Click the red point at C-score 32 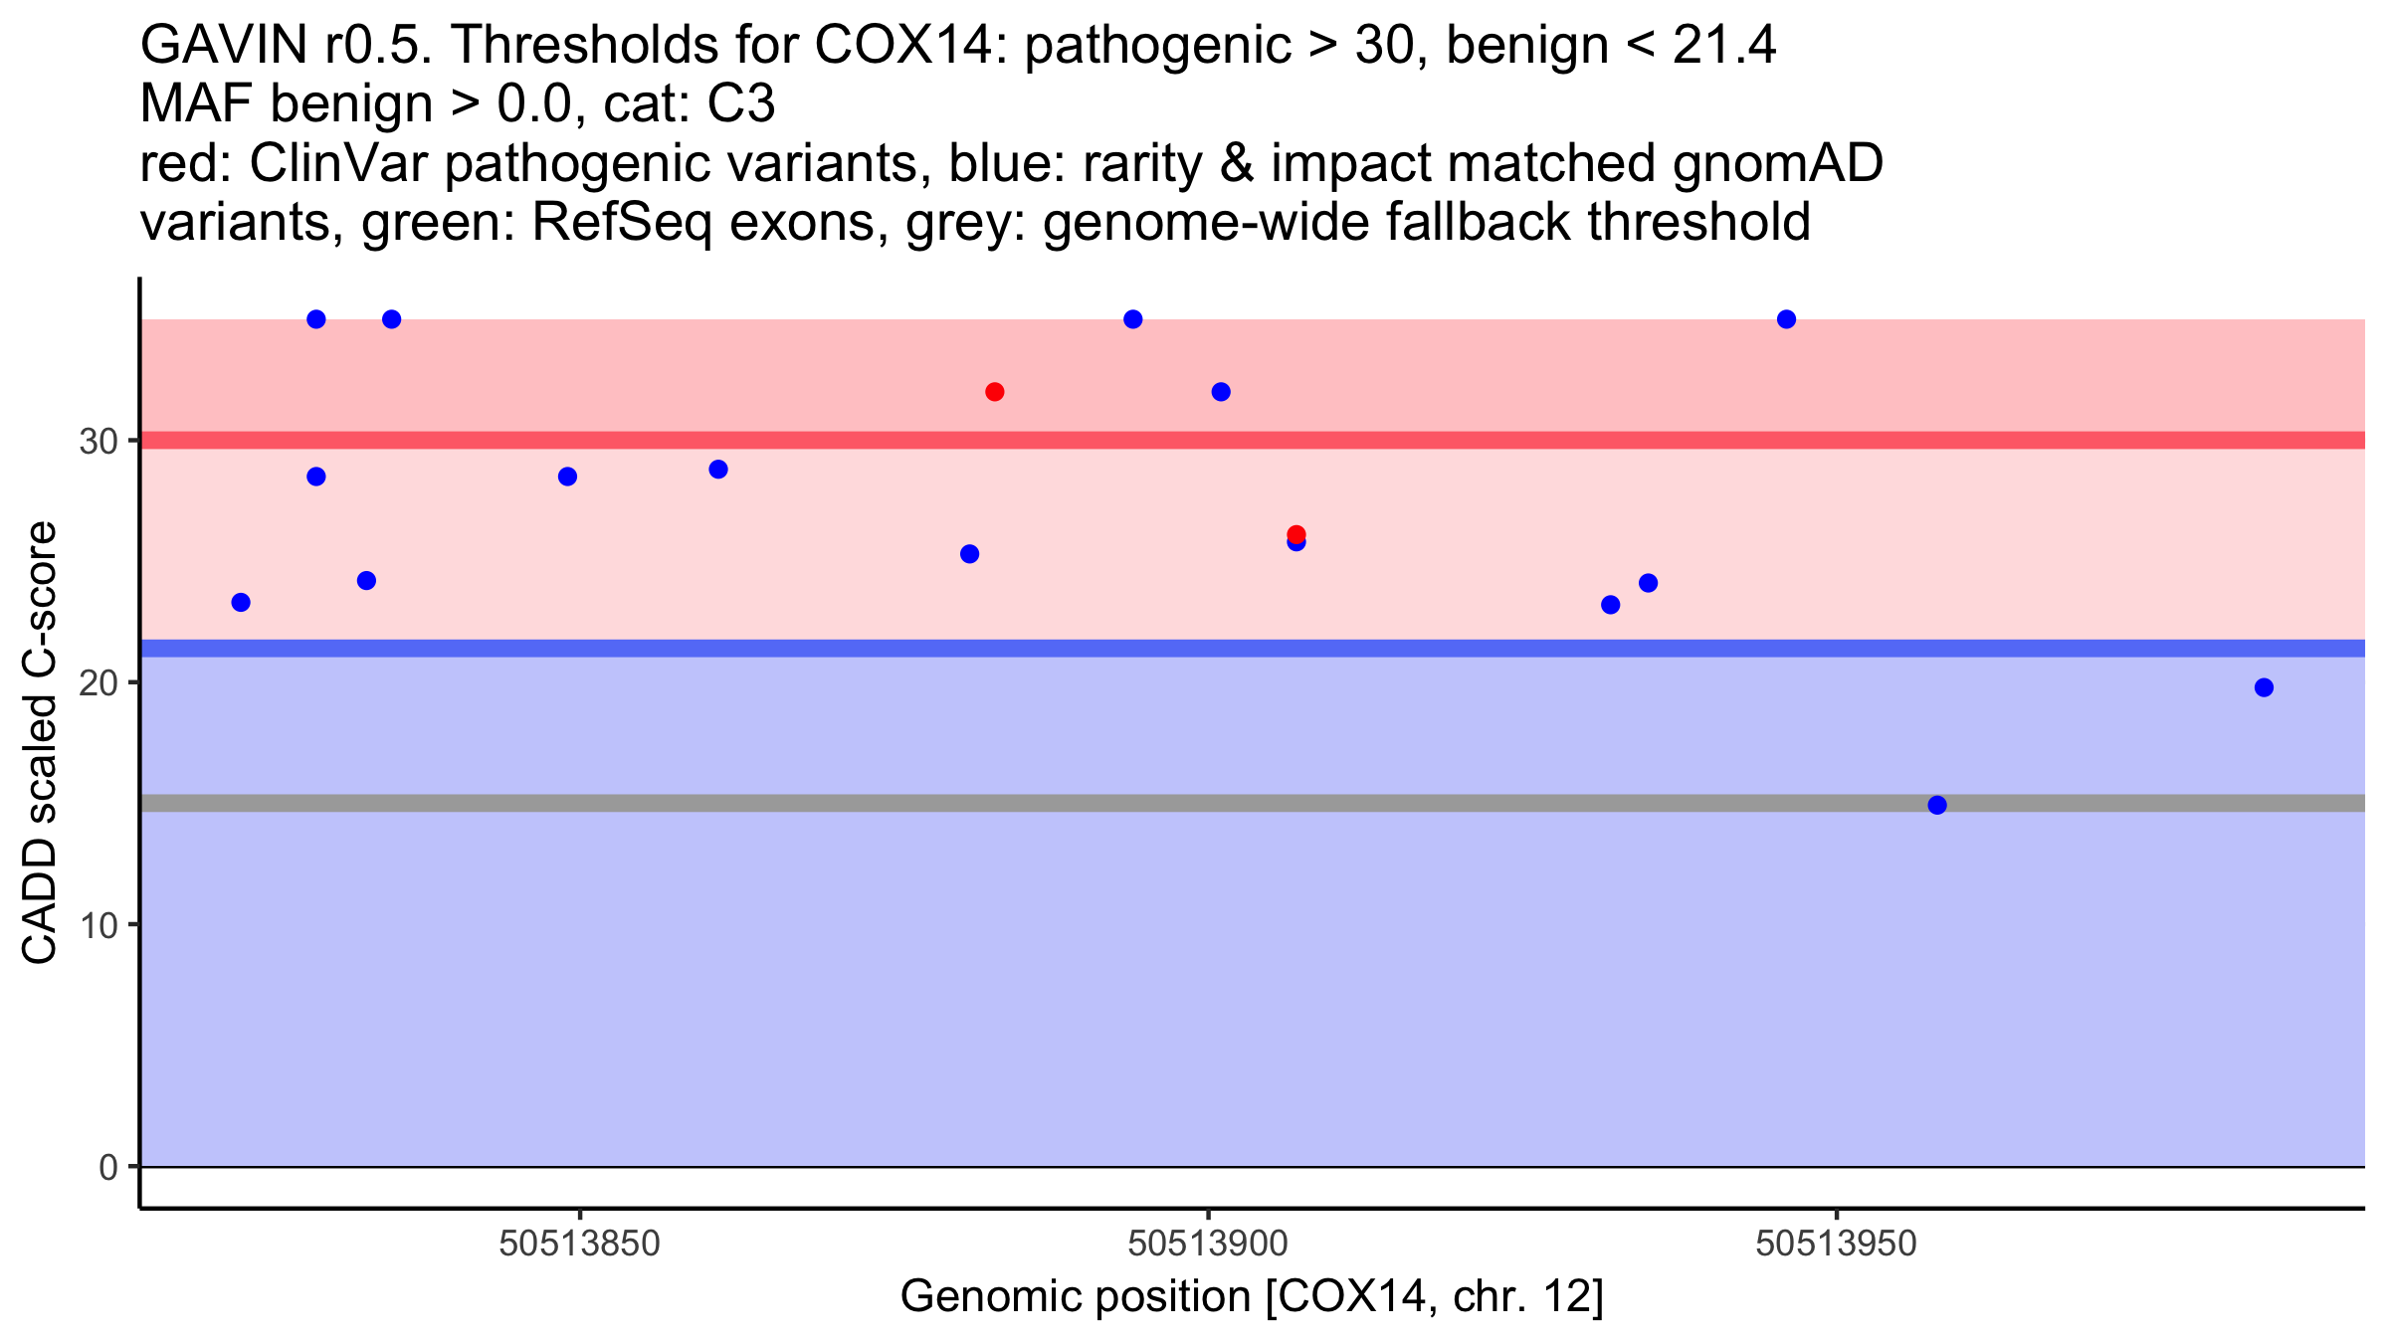click(994, 392)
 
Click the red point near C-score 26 click(1295, 534)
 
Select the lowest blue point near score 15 click(1936, 805)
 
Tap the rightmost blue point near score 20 click(2264, 687)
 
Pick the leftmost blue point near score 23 click(241, 602)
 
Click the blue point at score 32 click(1221, 392)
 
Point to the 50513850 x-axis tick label click(579, 1244)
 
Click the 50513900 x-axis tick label click(1208, 1244)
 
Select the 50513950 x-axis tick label click(1836, 1244)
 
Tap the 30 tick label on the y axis click(99, 441)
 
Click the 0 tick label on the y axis click(108, 1167)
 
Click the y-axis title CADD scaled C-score click(40, 743)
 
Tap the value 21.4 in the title click(1723, 46)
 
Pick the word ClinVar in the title click(338, 164)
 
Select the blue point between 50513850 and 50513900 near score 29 click(717, 470)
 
